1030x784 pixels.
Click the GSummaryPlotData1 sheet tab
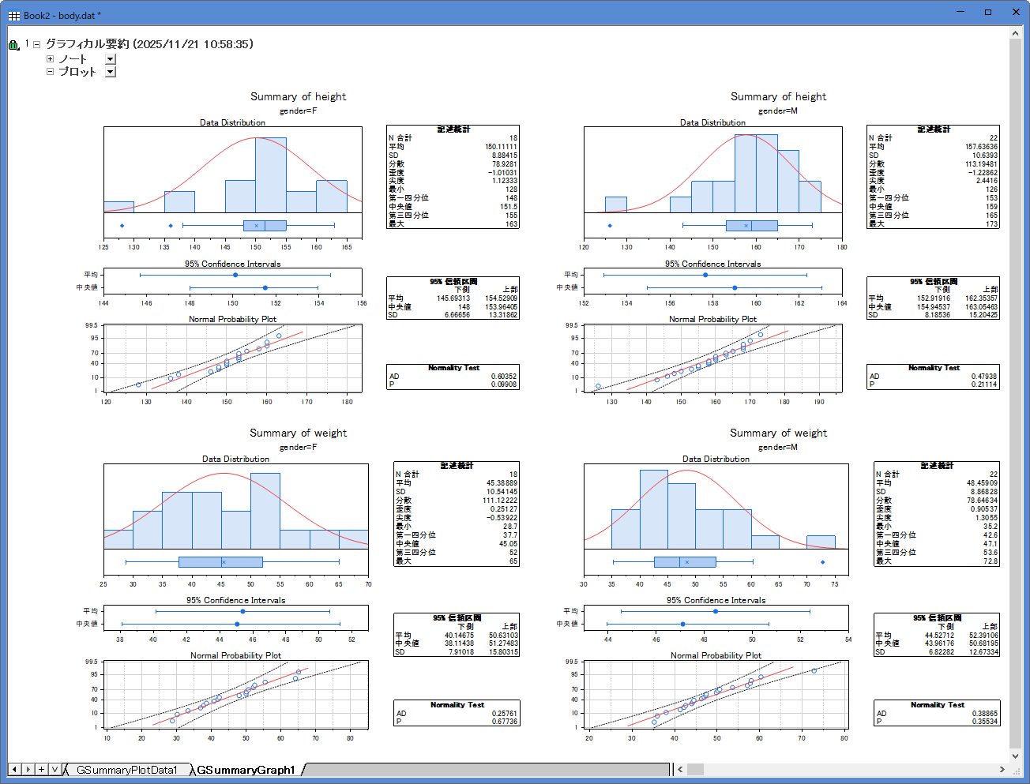[x=126, y=770]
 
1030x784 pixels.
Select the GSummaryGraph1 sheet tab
[x=246, y=770]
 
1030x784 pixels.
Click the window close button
[x=1017, y=13]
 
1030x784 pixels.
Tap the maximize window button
[x=987, y=13]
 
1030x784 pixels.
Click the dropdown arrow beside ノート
[x=111, y=59]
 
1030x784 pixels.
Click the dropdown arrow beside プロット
[x=111, y=72]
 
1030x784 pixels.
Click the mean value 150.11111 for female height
[x=501, y=147]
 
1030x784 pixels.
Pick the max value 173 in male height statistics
[x=991, y=224]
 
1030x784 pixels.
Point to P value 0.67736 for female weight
[x=504, y=722]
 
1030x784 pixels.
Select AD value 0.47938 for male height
[x=983, y=377]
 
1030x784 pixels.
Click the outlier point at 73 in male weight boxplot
[x=823, y=562]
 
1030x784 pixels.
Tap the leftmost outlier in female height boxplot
[x=122, y=226]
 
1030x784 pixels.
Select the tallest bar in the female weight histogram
[x=265, y=510]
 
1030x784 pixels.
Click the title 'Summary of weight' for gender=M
[x=778, y=433]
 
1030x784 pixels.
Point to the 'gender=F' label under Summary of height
[x=298, y=111]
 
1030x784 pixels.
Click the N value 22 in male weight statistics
[x=993, y=475]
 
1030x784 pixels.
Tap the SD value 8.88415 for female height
[x=502, y=156]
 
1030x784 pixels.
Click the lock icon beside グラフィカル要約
[x=13, y=45]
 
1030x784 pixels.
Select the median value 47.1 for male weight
[x=990, y=544]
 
